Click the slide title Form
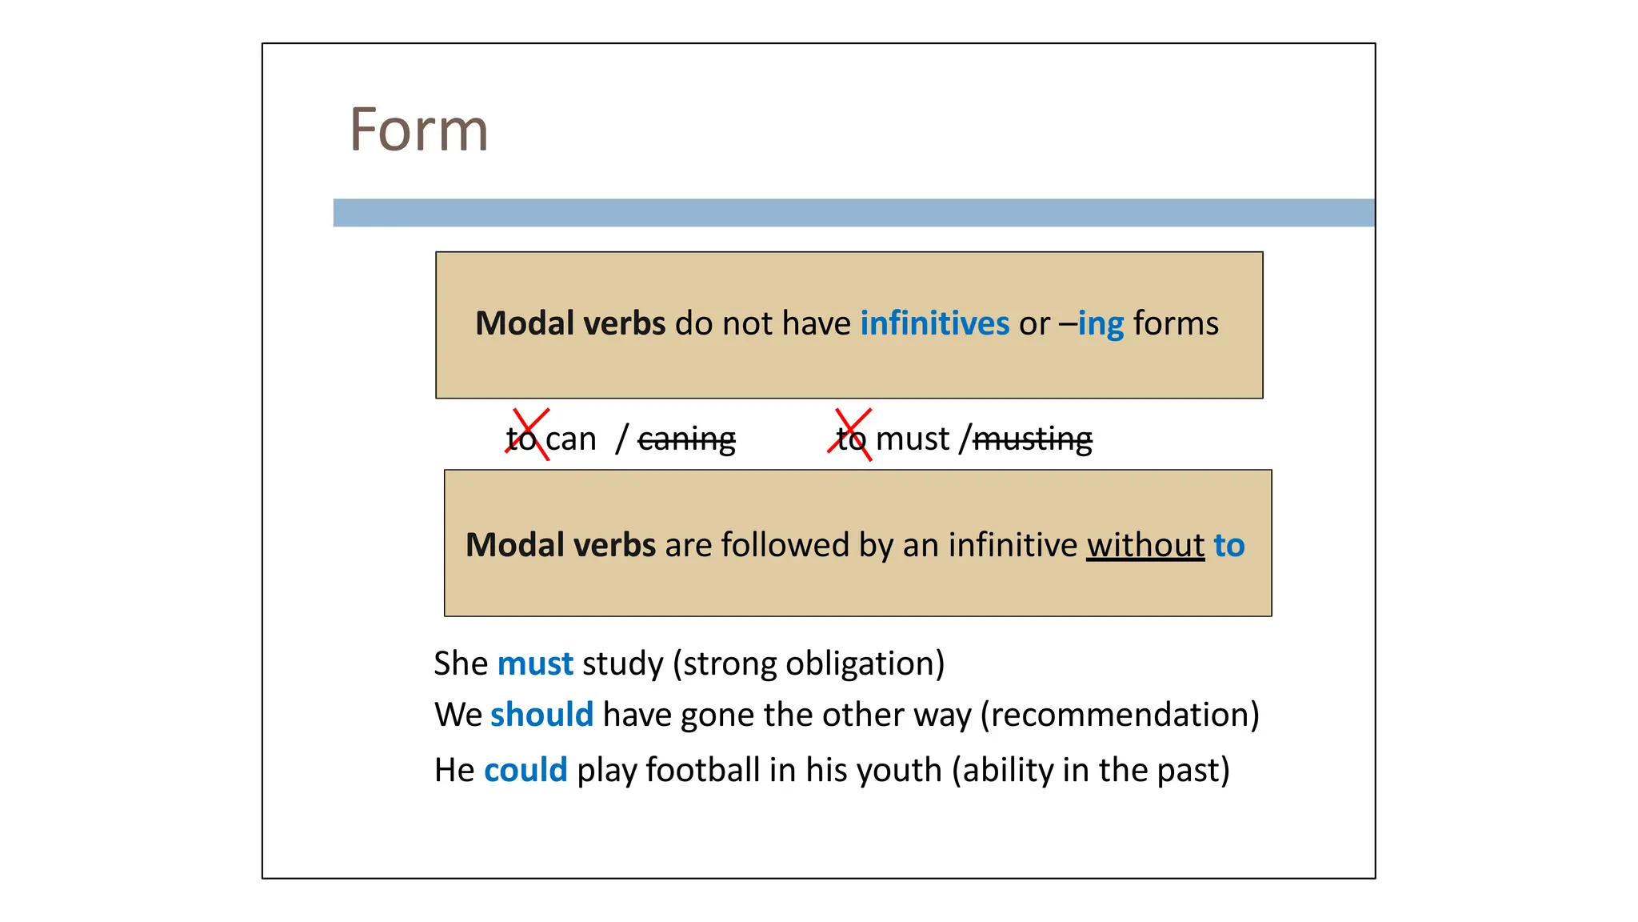coord(418,130)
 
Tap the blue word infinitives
coord(934,324)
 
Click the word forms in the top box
coord(1176,324)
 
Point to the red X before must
coord(850,435)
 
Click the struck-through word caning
coord(686,439)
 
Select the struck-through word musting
coord(1033,439)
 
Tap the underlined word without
coord(1145,546)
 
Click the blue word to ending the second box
coord(1229,546)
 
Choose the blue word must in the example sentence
coord(535,664)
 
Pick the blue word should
coord(541,715)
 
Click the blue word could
coord(525,770)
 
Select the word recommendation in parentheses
coord(1120,715)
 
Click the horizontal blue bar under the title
coord(853,213)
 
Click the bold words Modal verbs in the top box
coord(569,324)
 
